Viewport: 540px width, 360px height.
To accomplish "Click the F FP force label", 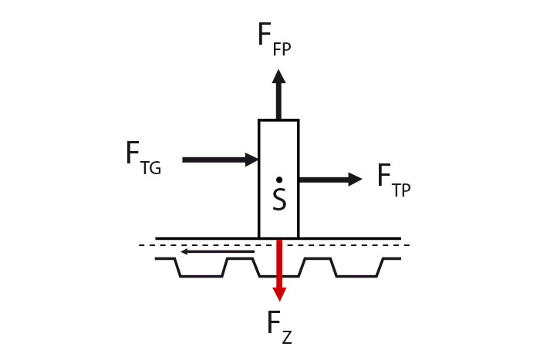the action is (x=275, y=39).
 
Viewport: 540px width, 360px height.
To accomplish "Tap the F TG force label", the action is (x=143, y=158).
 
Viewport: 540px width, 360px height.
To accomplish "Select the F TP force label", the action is (x=393, y=180).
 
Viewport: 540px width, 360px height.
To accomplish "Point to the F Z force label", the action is (x=279, y=327).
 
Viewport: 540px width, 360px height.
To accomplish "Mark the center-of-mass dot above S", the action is (x=279, y=180).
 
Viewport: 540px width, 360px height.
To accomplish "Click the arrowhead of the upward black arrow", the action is (x=278, y=76).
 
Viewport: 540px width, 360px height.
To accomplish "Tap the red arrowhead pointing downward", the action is (x=279, y=294).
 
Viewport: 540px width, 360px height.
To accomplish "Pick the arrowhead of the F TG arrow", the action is (x=251, y=160).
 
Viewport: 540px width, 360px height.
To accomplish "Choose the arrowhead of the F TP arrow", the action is (x=355, y=180).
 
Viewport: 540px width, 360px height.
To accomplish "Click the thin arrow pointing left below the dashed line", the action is (x=218, y=251).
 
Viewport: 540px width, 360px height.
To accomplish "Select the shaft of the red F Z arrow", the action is (x=279, y=264).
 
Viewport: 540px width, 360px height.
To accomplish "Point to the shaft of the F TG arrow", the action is (x=214, y=160).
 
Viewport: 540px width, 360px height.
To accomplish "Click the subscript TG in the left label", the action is (x=151, y=167).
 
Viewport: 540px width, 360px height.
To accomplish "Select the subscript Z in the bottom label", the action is (x=287, y=338).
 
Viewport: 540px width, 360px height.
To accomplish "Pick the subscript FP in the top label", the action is (x=282, y=49).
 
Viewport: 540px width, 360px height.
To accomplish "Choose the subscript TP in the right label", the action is (x=402, y=190).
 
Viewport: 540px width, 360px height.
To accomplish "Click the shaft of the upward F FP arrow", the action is (x=278, y=101).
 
